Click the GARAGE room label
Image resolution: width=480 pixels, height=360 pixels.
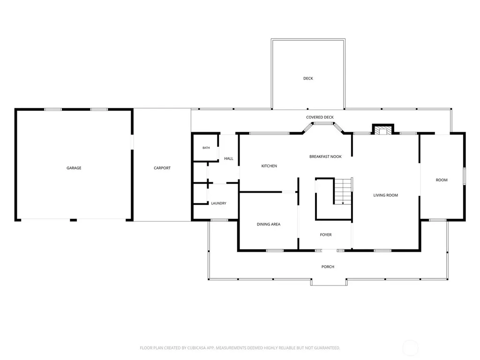pos(74,168)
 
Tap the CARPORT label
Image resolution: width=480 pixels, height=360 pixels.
pos(162,168)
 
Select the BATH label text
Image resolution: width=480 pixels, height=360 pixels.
pos(206,148)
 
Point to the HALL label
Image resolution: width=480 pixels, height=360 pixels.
pos(229,158)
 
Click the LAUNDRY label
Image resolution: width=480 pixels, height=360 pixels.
pos(218,203)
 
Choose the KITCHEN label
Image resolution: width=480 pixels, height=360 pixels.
pos(269,166)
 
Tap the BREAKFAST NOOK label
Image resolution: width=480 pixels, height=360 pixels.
pos(325,157)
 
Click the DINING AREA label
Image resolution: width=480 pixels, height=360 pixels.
pos(269,224)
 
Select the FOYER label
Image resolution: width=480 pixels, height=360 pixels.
pos(326,235)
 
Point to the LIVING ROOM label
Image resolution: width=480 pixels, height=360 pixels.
pos(385,195)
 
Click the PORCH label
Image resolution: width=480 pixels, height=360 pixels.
pos(328,267)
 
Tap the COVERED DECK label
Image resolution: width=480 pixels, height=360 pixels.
pos(320,117)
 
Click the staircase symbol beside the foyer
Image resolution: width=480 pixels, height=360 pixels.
pos(343,191)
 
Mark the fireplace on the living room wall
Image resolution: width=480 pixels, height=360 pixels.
pos(382,129)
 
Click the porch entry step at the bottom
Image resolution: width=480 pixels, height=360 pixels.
pos(329,282)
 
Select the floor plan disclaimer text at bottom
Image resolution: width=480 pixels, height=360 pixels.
pos(240,348)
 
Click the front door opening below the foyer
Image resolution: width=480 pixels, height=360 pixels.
pos(330,250)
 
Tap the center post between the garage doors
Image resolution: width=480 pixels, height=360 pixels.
pos(73,220)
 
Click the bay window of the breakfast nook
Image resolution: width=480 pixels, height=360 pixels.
pos(323,127)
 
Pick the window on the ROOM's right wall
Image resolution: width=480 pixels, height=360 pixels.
pos(464,176)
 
